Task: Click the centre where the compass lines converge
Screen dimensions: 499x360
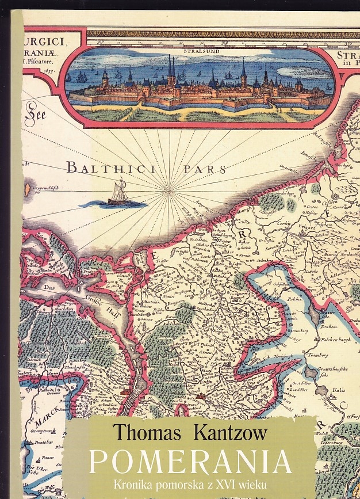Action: tap(168, 191)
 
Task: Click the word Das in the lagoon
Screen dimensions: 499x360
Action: tap(48, 287)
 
